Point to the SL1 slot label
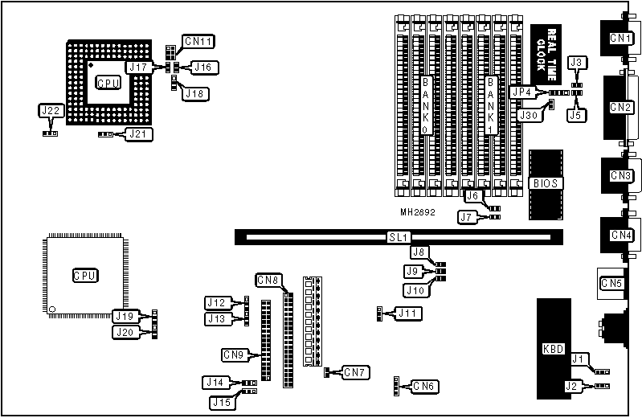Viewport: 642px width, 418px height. pos(398,238)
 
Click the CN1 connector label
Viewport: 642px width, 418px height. pos(620,39)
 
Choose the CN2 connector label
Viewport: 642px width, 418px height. pos(620,107)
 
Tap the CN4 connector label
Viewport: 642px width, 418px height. pos(620,235)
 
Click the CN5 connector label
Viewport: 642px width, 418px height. pos(612,283)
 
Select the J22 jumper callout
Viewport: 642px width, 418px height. pos(50,110)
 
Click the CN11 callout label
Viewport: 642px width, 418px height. pos(198,41)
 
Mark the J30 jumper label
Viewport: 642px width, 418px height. pos(528,115)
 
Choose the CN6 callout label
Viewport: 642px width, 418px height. pos(426,387)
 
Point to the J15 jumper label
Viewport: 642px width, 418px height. pos(222,401)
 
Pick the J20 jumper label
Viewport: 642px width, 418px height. pos(125,331)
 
